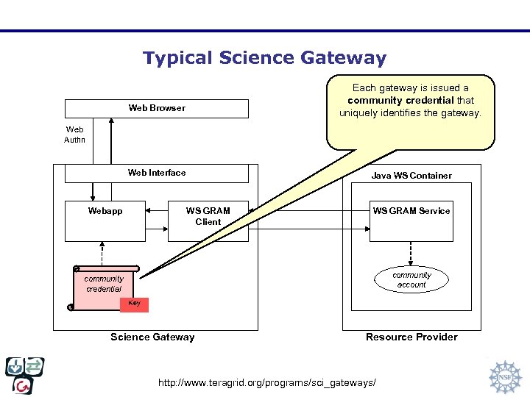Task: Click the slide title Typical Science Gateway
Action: click(x=264, y=58)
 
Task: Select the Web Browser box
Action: click(x=157, y=108)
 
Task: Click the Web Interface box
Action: click(x=157, y=174)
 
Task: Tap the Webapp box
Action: click(x=105, y=221)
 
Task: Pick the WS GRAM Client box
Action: click(x=208, y=221)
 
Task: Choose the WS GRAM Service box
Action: click(x=411, y=221)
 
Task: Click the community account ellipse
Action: click(x=411, y=280)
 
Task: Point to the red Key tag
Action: click(x=135, y=304)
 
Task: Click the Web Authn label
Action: click(x=74, y=135)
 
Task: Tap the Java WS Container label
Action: click(x=411, y=176)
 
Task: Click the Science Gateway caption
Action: click(x=152, y=337)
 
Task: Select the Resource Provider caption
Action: click(x=411, y=337)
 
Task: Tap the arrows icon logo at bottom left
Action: click(x=25, y=376)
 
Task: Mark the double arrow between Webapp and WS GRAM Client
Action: click(x=156, y=211)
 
